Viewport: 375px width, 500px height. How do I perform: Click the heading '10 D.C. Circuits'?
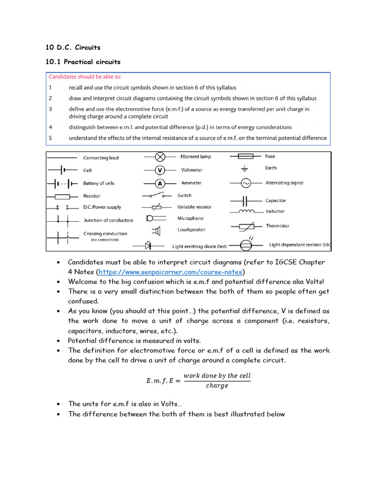tap(73, 47)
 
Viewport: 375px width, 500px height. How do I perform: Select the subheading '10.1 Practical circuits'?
tap(83, 62)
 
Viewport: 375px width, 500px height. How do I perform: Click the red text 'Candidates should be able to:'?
tap(85, 77)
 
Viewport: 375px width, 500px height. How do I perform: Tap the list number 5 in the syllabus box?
tap(50, 138)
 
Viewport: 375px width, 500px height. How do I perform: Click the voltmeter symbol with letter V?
tap(159, 170)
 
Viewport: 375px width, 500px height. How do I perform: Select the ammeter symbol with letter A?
tap(159, 183)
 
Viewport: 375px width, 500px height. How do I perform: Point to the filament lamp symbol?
tap(159, 157)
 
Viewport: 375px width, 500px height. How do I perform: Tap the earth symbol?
tap(245, 168)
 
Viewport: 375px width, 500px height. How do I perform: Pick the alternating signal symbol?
tap(246, 183)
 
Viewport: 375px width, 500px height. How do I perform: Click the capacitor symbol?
tap(246, 201)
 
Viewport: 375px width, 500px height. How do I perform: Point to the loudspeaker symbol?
tap(157, 230)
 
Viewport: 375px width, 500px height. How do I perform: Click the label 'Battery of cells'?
tap(99, 183)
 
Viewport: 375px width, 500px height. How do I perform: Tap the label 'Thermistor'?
tap(277, 226)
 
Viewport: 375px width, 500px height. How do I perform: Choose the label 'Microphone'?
tap(190, 218)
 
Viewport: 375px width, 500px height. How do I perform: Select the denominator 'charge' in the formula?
tap(217, 386)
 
